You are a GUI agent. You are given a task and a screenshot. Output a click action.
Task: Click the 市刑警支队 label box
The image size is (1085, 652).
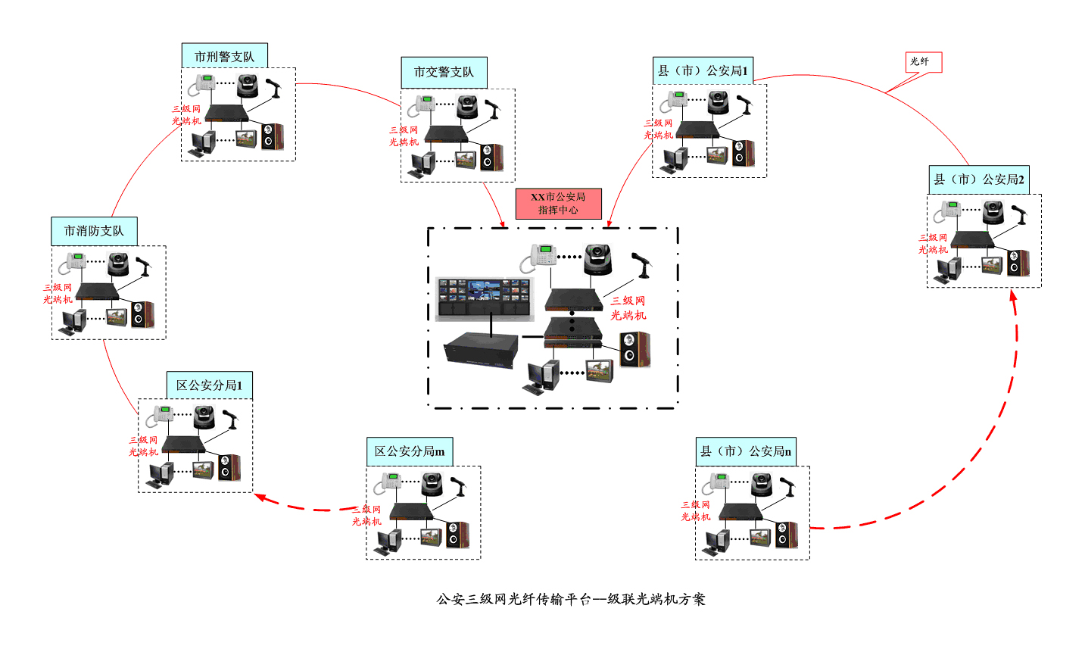[224, 56]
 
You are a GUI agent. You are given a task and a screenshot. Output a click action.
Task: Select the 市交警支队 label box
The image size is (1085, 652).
[444, 72]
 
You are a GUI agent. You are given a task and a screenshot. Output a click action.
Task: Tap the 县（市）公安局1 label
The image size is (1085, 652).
[703, 70]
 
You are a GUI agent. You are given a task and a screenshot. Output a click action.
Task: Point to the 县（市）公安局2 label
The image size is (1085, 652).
[978, 179]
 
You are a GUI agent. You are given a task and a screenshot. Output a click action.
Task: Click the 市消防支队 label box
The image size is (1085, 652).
[94, 231]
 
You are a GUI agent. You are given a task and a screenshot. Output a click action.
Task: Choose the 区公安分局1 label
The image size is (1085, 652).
[209, 385]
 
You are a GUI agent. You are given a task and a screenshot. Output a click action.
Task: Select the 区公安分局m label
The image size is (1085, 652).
[410, 451]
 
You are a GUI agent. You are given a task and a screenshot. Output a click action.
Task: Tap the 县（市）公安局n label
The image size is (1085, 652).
[745, 451]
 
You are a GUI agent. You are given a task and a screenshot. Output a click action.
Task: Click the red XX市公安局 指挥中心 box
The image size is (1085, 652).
[558, 203]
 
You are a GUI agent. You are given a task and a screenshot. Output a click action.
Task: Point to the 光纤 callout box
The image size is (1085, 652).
[923, 61]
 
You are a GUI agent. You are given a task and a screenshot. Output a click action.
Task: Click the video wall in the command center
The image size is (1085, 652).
[485, 297]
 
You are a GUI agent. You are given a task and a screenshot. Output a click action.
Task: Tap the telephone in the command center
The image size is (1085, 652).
[539, 257]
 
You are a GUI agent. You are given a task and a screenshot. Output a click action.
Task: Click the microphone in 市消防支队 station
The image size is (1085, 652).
[142, 265]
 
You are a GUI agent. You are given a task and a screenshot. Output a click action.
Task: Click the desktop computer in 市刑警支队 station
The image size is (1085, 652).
[203, 143]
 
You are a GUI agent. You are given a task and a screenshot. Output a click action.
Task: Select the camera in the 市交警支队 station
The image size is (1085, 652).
[467, 106]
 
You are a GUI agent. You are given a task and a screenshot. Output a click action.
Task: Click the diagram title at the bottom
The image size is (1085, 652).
[571, 599]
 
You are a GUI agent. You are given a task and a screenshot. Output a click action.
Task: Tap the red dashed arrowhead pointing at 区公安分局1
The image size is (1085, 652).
[260, 498]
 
